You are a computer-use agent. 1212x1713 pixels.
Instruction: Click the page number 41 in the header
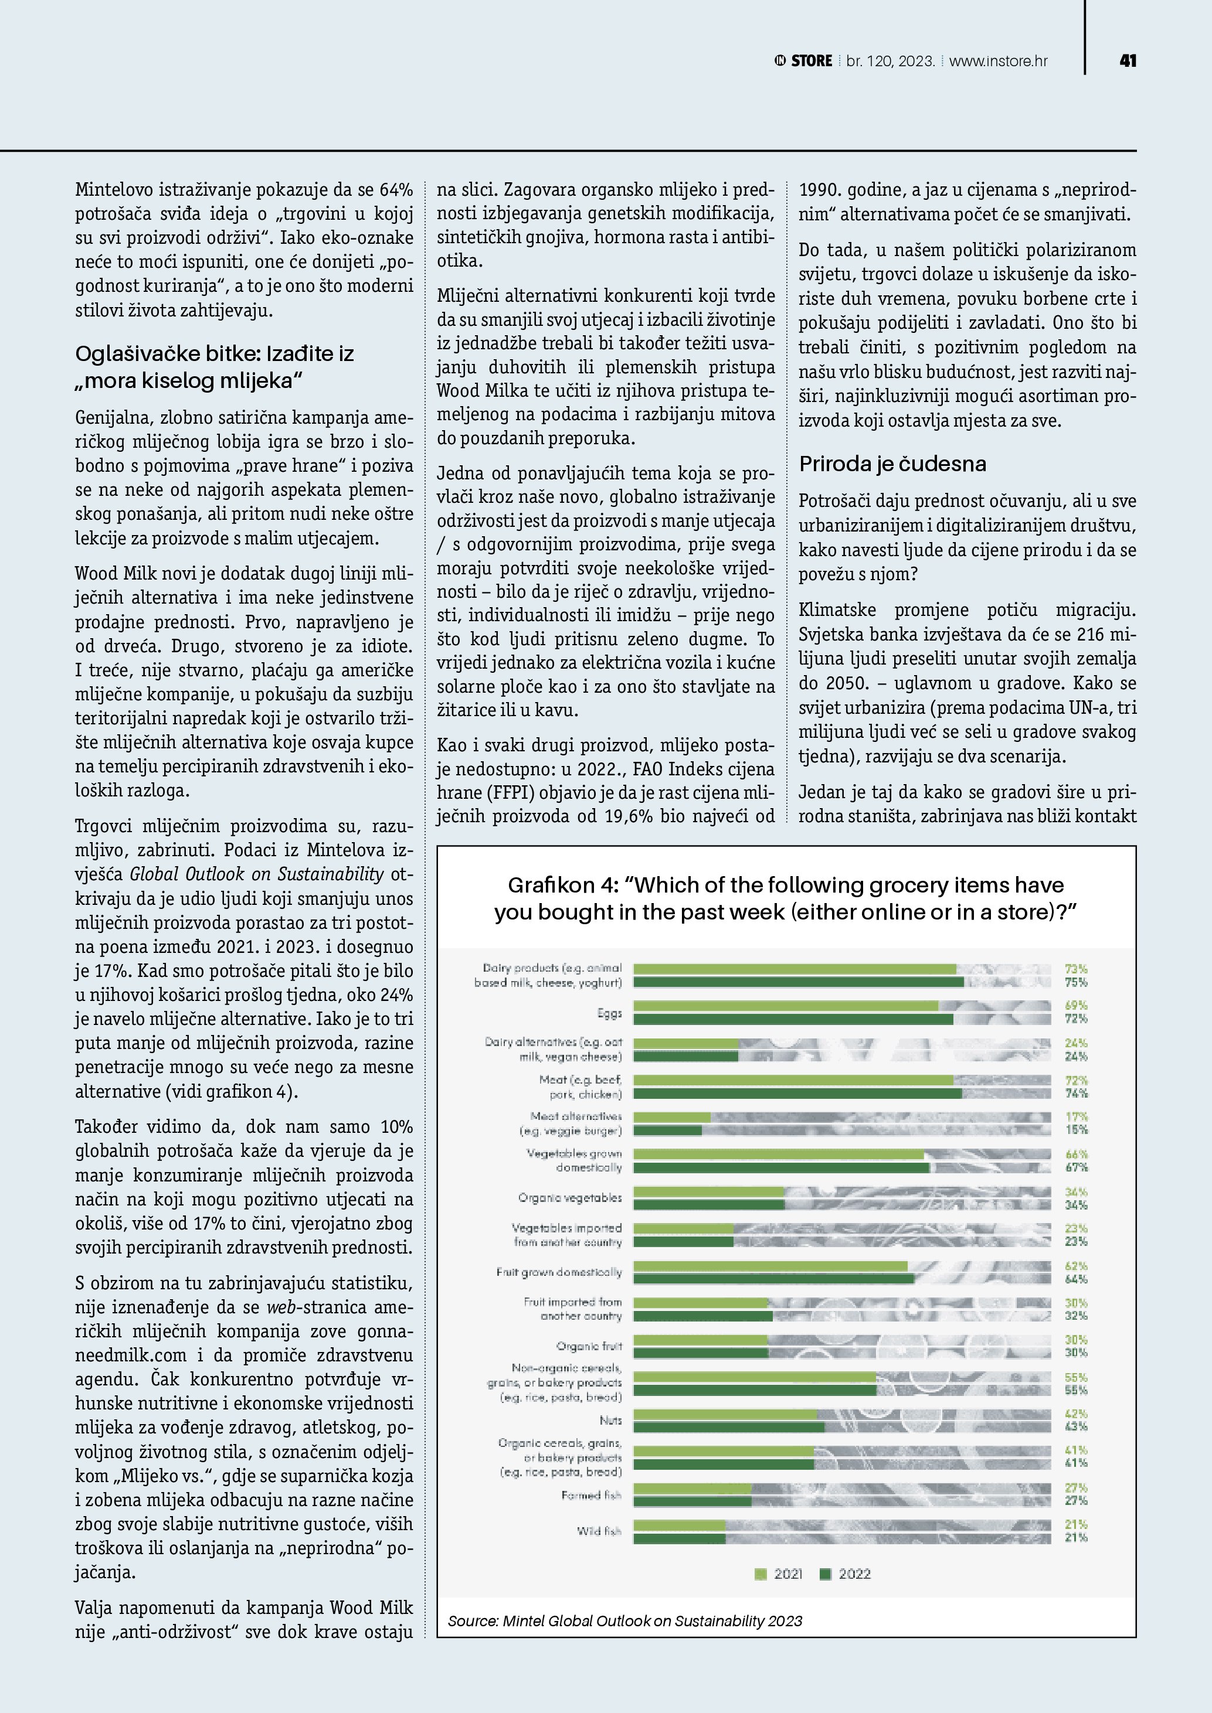coord(1128,61)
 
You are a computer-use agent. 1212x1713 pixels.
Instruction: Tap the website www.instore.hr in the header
coord(998,61)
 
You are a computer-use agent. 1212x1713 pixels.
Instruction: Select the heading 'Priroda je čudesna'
coord(892,464)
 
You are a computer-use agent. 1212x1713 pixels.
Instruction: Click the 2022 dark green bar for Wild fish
coord(679,1538)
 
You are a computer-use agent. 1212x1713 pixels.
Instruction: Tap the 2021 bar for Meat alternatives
coord(672,1118)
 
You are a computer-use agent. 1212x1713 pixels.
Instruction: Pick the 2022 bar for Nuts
coord(728,1427)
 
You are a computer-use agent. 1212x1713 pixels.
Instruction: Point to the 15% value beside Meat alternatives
coord(1075,1130)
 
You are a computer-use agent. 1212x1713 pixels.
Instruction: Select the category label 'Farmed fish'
coord(591,1495)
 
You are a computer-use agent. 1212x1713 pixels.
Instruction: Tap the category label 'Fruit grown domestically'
coord(558,1272)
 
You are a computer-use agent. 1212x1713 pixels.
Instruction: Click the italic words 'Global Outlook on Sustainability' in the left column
coord(257,874)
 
